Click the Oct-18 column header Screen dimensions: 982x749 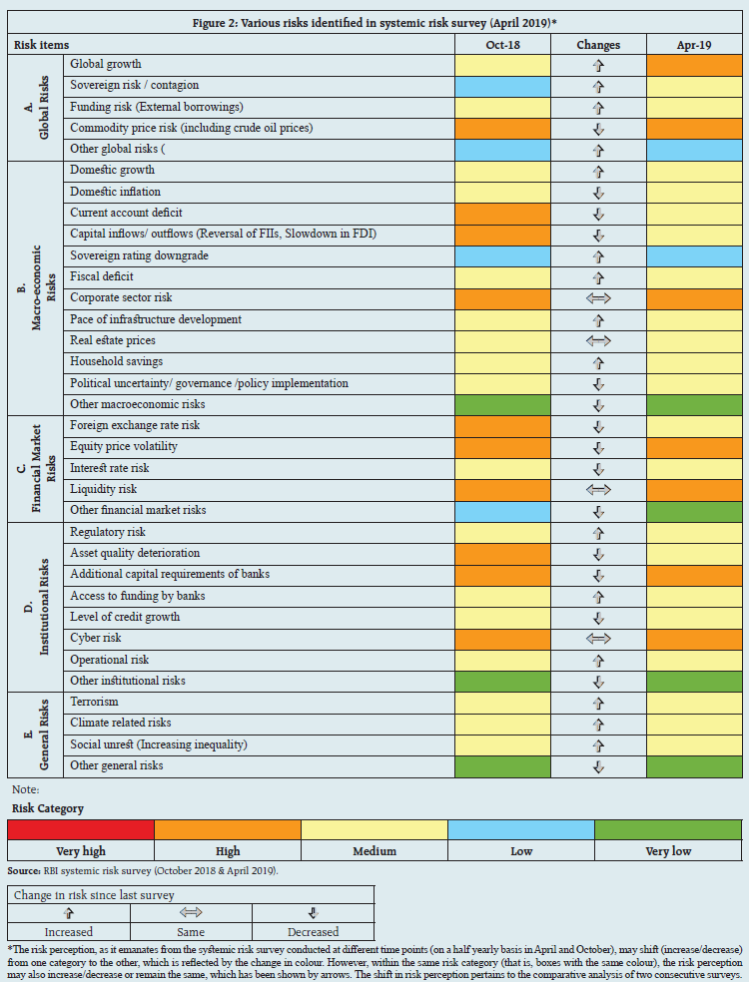[501, 45]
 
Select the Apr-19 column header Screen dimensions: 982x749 [693, 45]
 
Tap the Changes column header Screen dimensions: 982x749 [598, 45]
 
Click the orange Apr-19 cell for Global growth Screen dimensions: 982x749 [693, 65]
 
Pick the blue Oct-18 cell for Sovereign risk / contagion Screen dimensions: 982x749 [502, 86]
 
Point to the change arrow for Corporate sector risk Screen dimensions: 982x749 [598, 298]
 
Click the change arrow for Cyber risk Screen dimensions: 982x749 [598, 639]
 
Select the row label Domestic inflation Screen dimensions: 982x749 [115, 192]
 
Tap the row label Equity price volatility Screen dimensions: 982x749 [122, 447]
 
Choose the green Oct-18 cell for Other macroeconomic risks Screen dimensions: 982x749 [502, 404]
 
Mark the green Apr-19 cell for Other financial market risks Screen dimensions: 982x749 [693, 511]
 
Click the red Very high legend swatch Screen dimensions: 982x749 [80, 829]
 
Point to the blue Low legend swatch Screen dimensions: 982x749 [520, 829]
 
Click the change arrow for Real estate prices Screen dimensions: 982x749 [598, 341]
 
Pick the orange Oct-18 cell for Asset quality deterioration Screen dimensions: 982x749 [502, 554]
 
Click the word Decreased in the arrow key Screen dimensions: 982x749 [313, 932]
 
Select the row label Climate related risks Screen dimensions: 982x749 [120, 724]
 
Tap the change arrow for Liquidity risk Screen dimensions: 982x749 [598, 490]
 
